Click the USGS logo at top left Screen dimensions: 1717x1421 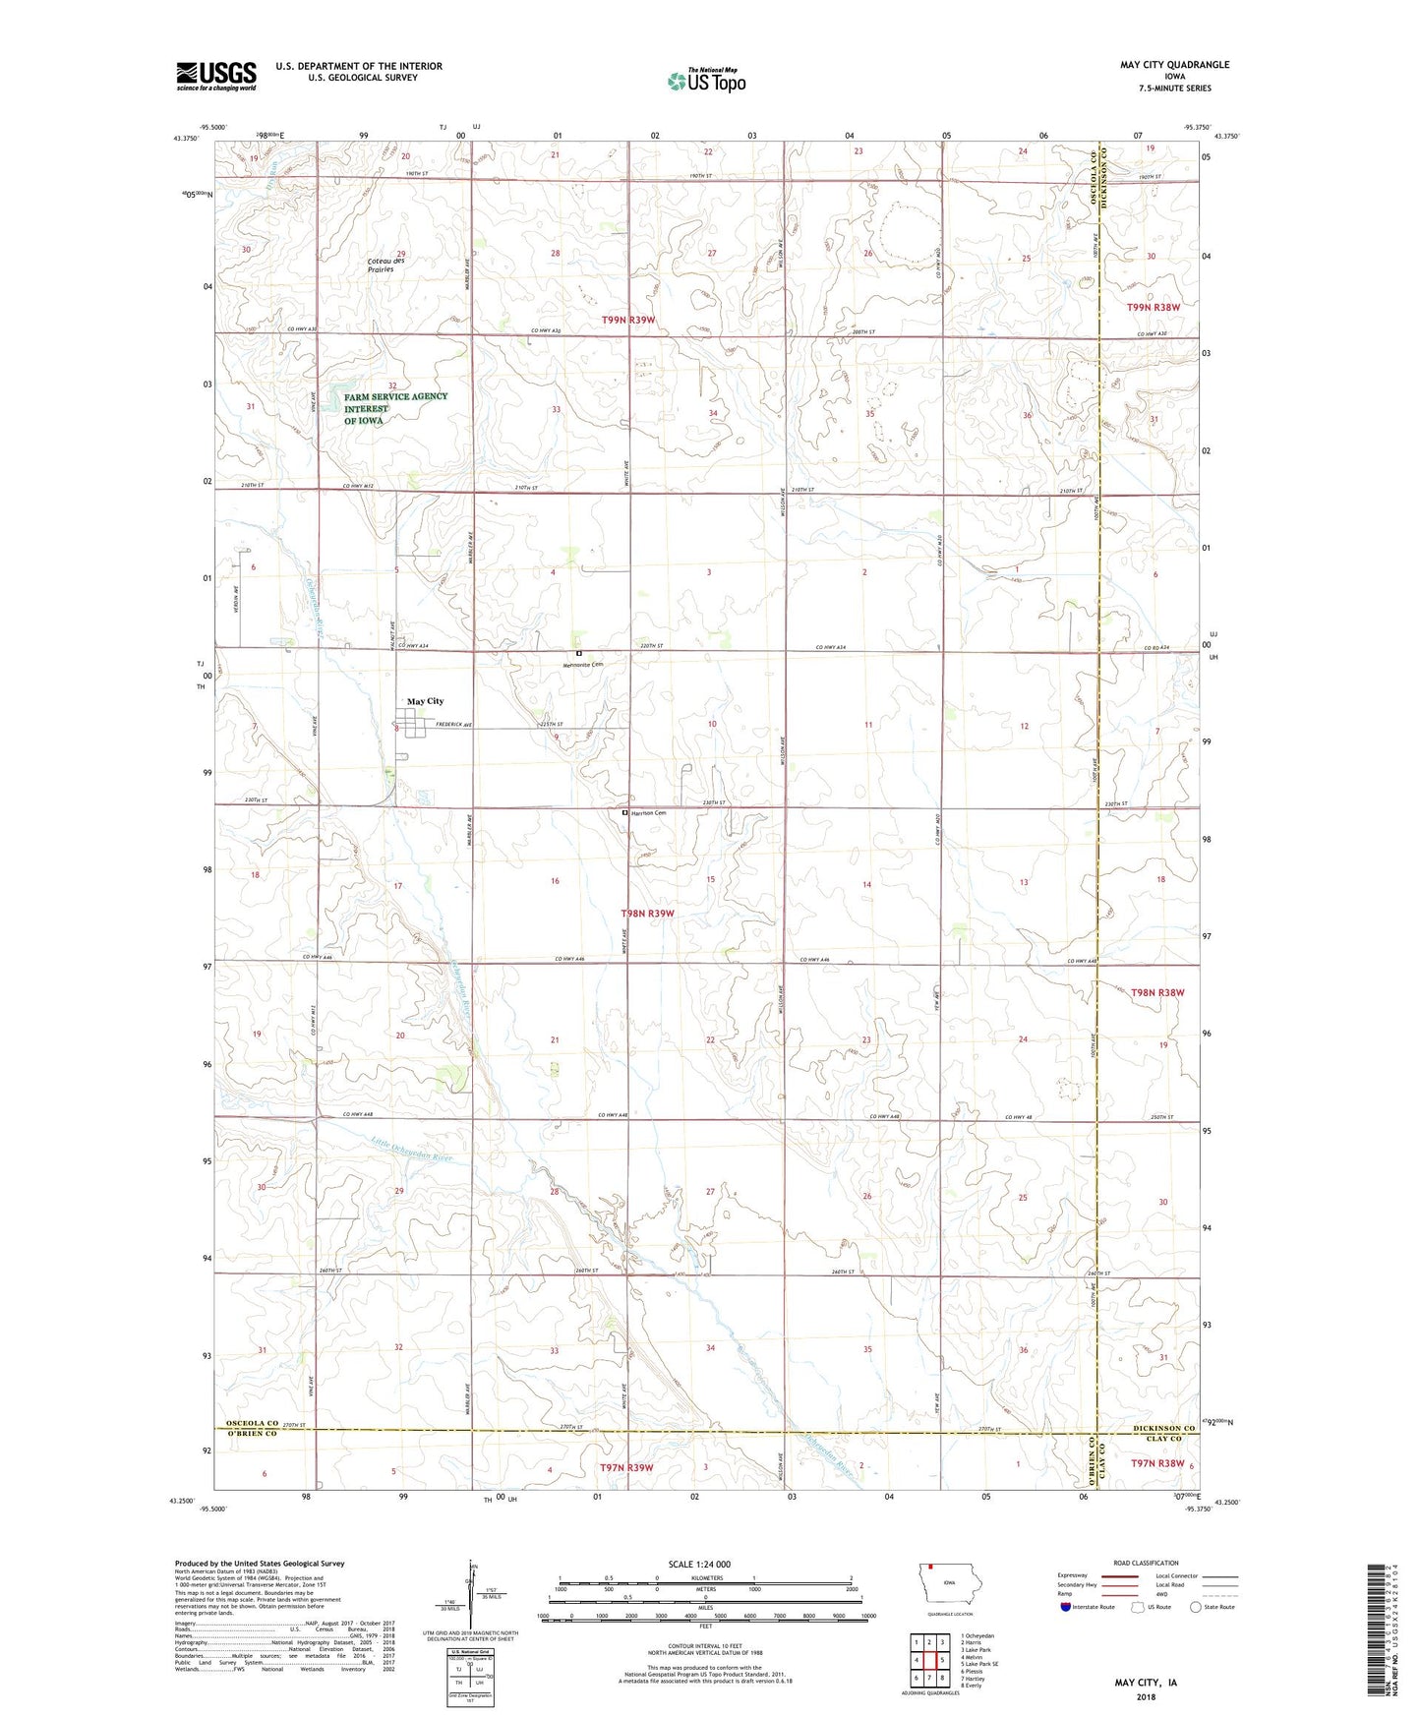pyautogui.click(x=216, y=76)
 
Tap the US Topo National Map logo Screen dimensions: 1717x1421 pyautogui.click(x=705, y=81)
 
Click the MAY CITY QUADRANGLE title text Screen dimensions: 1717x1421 pyautogui.click(x=1174, y=65)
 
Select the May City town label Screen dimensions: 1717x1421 pyautogui.click(x=425, y=701)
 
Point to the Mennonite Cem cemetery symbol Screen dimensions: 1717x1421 pyautogui.click(x=579, y=653)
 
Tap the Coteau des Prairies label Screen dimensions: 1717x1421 pyautogui.click(x=381, y=264)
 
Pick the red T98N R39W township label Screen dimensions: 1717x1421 pyautogui.click(x=647, y=914)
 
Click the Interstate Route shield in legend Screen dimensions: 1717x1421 pyautogui.click(x=1066, y=1607)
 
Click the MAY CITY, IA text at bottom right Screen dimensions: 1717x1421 pyautogui.click(x=1145, y=1683)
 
